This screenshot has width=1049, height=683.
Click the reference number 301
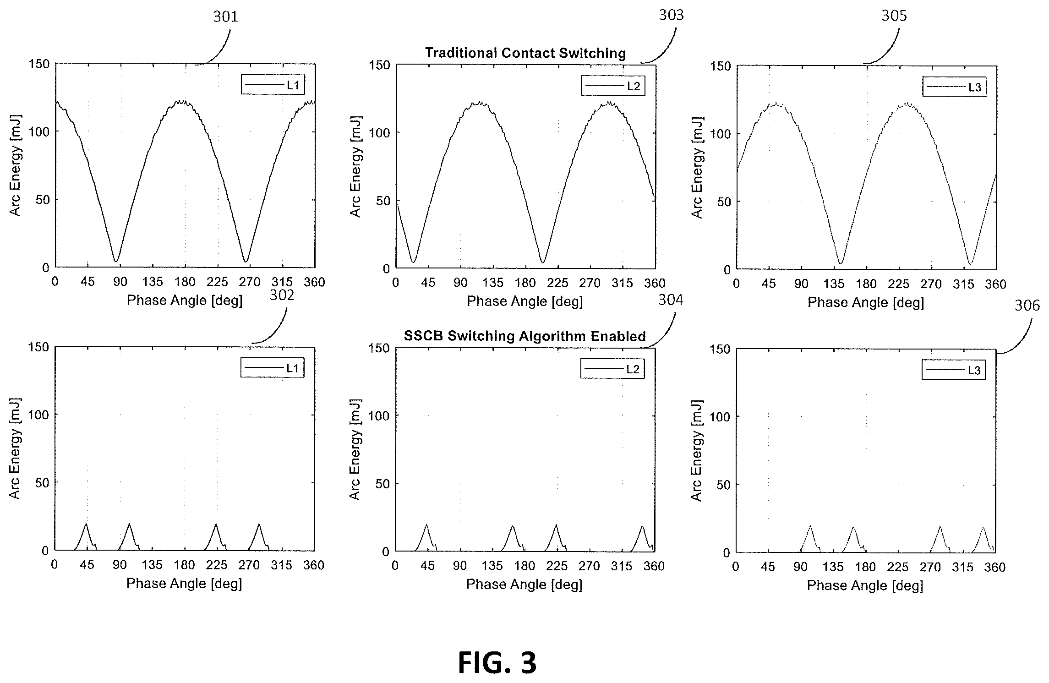tap(226, 17)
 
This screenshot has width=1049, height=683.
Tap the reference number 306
tap(1027, 305)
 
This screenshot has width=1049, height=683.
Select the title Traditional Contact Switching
tap(525, 53)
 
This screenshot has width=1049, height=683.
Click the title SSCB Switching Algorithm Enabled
tap(525, 336)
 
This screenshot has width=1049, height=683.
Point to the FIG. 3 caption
tap(497, 663)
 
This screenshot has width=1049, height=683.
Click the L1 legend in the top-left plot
tap(273, 85)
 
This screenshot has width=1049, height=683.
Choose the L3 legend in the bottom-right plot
tap(953, 371)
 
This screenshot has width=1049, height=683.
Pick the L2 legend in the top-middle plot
tap(613, 86)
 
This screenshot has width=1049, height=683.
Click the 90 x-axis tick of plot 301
tap(120, 282)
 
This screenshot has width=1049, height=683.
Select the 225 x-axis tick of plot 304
tap(557, 567)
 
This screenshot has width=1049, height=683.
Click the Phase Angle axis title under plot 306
tap(865, 585)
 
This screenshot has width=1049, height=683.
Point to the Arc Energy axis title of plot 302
tap(15, 448)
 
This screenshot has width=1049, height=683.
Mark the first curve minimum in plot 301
tap(116, 262)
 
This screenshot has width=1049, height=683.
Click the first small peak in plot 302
tap(86, 524)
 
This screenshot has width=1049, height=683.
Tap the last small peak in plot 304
tap(642, 526)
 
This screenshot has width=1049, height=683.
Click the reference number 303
tap(671, 15)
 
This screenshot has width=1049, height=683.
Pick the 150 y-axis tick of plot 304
tap(379, 348)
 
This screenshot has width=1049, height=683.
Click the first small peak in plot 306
tap(810, 526)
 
